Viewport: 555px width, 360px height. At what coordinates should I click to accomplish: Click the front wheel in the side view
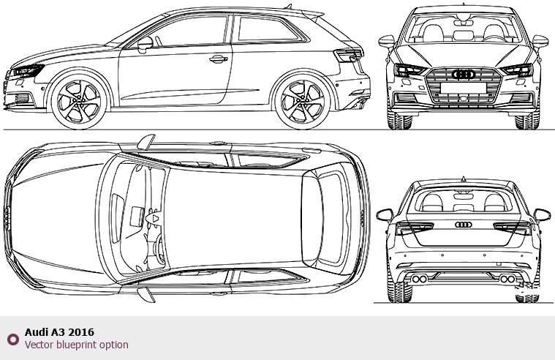pyautogui.click(x=79, y=102)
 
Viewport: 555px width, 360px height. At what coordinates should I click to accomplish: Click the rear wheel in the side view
pyautogui.click(x=303, y=102)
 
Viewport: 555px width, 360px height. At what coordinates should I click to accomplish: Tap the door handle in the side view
pyautogui.click(x=219, y=59)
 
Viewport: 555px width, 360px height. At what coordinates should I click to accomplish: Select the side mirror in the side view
pyautogui.click(x=145, y=45)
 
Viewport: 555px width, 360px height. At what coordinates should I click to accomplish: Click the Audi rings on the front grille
pyautogui.click(x=464, y=75)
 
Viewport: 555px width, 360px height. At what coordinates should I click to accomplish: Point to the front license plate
pyautogui.click(x=464, y=88)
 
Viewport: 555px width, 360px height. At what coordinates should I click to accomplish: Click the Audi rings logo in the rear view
pyautogui.click(x=464, y=225)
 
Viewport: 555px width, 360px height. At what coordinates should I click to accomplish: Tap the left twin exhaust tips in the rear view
pyautogui.click(x=419, y=280)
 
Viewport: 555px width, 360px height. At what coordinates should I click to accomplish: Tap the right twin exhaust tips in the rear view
pyautogui.click(x=507, y=280)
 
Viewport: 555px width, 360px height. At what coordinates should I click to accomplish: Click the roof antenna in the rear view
pyautogui.click(x=464, y=179)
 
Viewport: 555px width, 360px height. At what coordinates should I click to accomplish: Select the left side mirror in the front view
pyautogui.click(x=386, y=41)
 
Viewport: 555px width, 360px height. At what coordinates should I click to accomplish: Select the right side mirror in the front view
pyautogui.click(x=540, y=41)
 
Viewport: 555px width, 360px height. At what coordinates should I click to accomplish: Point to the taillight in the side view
pyautogui.click(x=349, y=56)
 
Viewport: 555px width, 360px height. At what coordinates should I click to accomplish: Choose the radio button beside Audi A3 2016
pyautogui.click(x=13, y=339)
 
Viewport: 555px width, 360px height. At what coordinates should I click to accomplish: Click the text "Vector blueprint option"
pyautogui.click(x=77, y=345)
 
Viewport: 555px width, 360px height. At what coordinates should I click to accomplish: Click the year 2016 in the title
pyautogui.click(x=81, y=332)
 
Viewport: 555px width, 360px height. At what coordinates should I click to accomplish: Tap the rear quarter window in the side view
pyautogui.click(x=268, y=29)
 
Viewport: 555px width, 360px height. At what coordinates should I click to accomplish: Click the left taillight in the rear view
pyautogui.click(x=414, y=228)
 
